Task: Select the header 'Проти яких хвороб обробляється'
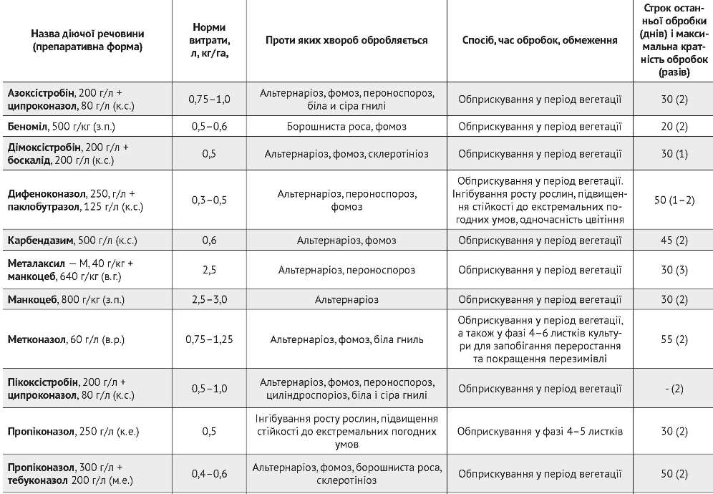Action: point(346,40)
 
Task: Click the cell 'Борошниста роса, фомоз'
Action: point(346,127)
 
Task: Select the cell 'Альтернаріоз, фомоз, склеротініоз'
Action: point(346,153)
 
